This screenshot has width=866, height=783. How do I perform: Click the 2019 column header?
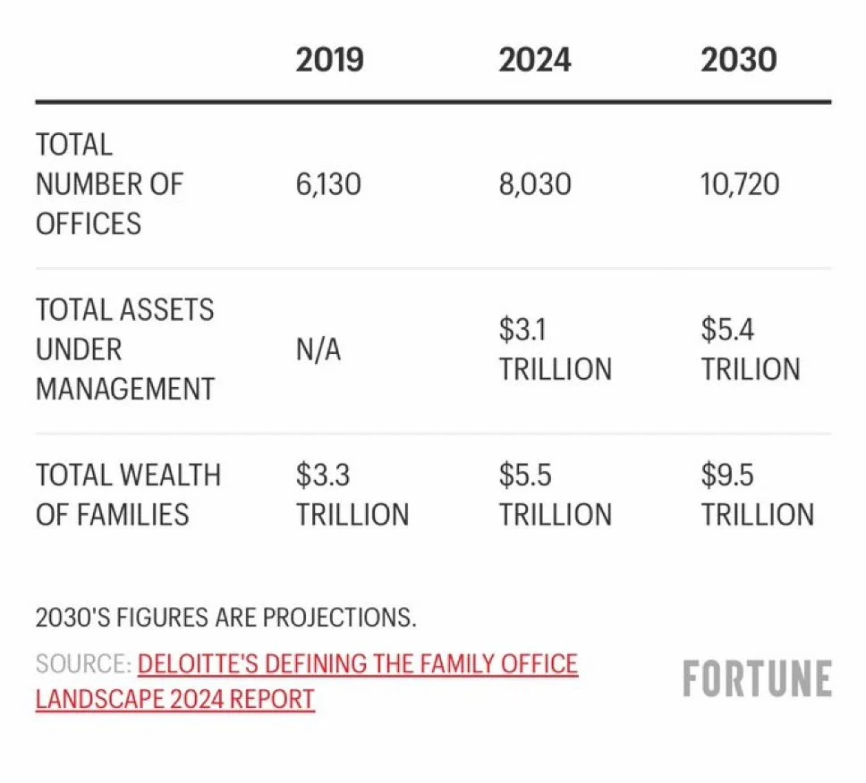pyautogui.click(x=330, y=60)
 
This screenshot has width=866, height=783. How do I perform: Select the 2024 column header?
pyautogui.click(x=535, y=60)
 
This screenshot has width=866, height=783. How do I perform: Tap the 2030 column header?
pyautogui.click(x=739, y=60)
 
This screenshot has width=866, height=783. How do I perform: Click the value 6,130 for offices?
pyautogui.click(x=328, y=184)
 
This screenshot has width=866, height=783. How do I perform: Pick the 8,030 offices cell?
pyautogui.click(x=535, y=184)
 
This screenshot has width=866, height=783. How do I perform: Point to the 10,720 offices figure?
pyautogui.click(x=740, y=184)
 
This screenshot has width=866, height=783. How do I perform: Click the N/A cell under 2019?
pyautogui.click(x=318, y=349)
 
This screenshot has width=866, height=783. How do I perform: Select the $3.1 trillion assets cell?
pyautogui.click(x=556, y=349)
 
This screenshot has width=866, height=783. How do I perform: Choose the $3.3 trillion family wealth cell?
pyautogui.click(x=352, y=495)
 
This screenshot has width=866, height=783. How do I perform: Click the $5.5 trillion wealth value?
pyautogui.click(x=556, y=495)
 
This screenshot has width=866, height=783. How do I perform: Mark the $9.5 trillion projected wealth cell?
pyautogui.click(x=758, y=495)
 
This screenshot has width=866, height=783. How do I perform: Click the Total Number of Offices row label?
pyautogui.click(x=109, y=184)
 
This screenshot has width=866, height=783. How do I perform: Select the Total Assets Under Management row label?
pyautogui.click(x=125, y=349)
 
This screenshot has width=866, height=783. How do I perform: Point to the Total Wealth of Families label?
pyautogui.click(x=128, y=495)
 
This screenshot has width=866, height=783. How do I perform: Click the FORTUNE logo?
pyautogui.click(x=757, y=678)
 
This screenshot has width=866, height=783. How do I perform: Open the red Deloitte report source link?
pyautogui.click(x=307, y=682)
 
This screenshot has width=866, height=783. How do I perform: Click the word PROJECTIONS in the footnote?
pyautogui.click(x=339, y=618)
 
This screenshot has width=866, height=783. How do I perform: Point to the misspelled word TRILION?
pyautogui.click(x=751, y=369)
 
